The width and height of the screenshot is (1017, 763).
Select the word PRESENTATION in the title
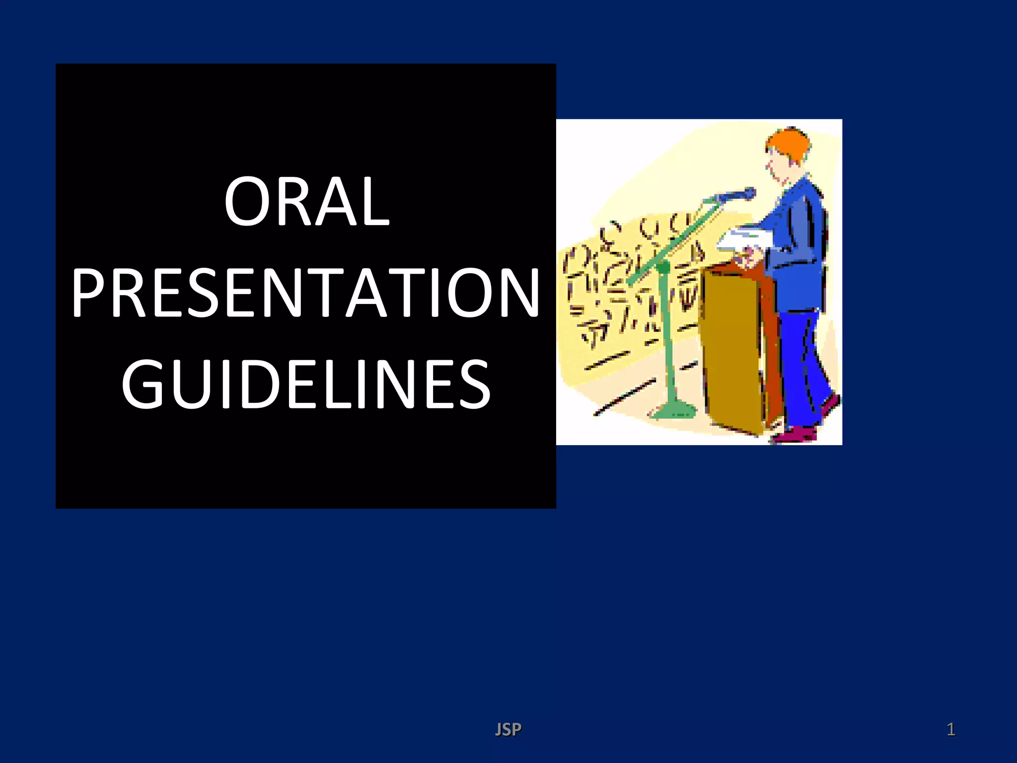click(305, 293)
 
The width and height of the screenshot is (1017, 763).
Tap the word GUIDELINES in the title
click(306, 384)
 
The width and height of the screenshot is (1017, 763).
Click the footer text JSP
click(508, 729)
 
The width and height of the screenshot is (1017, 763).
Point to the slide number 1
click(950, 729)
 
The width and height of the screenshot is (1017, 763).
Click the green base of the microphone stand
click(675, 410)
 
